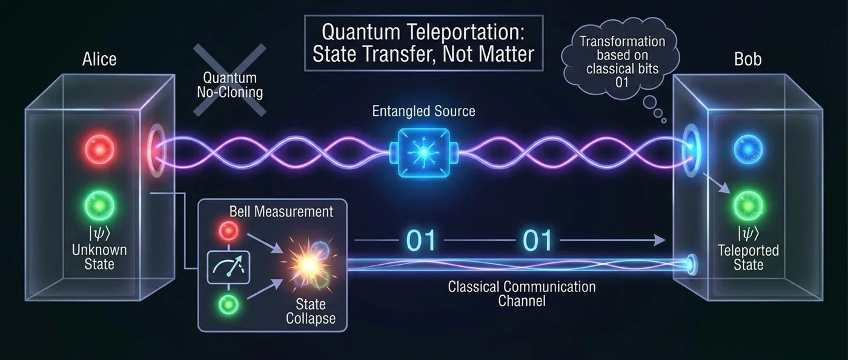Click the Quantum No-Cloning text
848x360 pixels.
(230, 85)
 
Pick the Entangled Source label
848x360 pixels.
(424, 111)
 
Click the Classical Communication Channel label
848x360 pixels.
(522, 293)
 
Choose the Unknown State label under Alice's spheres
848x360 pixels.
(98, 257)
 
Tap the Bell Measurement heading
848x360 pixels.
(281, 212)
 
